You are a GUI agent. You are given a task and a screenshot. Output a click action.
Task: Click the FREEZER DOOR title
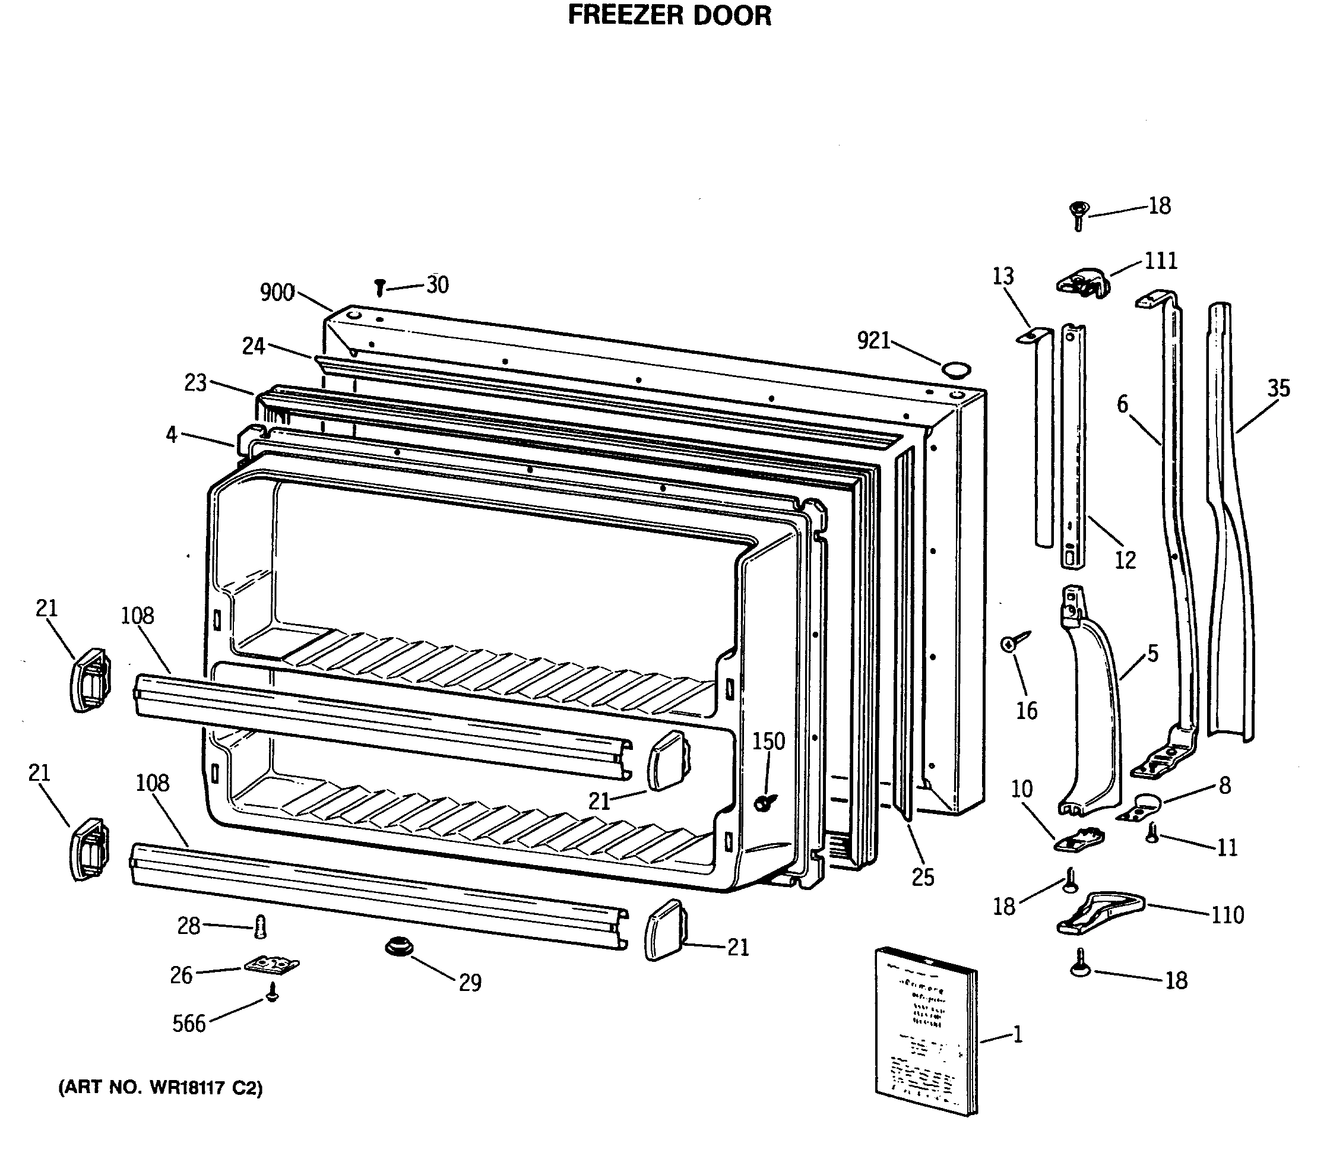point(670,15)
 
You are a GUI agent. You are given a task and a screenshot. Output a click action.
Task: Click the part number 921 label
point(874,341)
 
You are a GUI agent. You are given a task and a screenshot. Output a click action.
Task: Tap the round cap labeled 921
point(955,370)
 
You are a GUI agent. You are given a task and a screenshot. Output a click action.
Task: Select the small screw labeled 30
point(381,287)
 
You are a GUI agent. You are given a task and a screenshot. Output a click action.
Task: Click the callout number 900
point(277,293)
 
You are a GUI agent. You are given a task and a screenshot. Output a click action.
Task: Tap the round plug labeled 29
point(399,947)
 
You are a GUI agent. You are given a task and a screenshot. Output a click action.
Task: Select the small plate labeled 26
point(273,965)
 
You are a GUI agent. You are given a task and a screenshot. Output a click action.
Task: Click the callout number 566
point(189,1023)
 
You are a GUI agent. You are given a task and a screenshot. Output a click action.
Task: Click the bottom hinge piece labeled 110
point(1100,913)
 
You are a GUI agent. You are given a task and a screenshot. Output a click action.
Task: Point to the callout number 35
point(1278,388)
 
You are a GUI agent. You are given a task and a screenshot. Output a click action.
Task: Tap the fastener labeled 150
point(765,802)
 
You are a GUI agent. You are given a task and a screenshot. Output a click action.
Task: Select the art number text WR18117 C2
point(160,1088)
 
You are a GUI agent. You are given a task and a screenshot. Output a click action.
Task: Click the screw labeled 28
point(261,927)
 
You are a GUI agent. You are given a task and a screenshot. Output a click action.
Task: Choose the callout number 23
point(195,383)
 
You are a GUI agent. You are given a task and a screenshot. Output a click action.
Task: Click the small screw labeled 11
point(1152,832)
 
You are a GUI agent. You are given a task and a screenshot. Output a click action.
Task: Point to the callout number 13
point(1003,276)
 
